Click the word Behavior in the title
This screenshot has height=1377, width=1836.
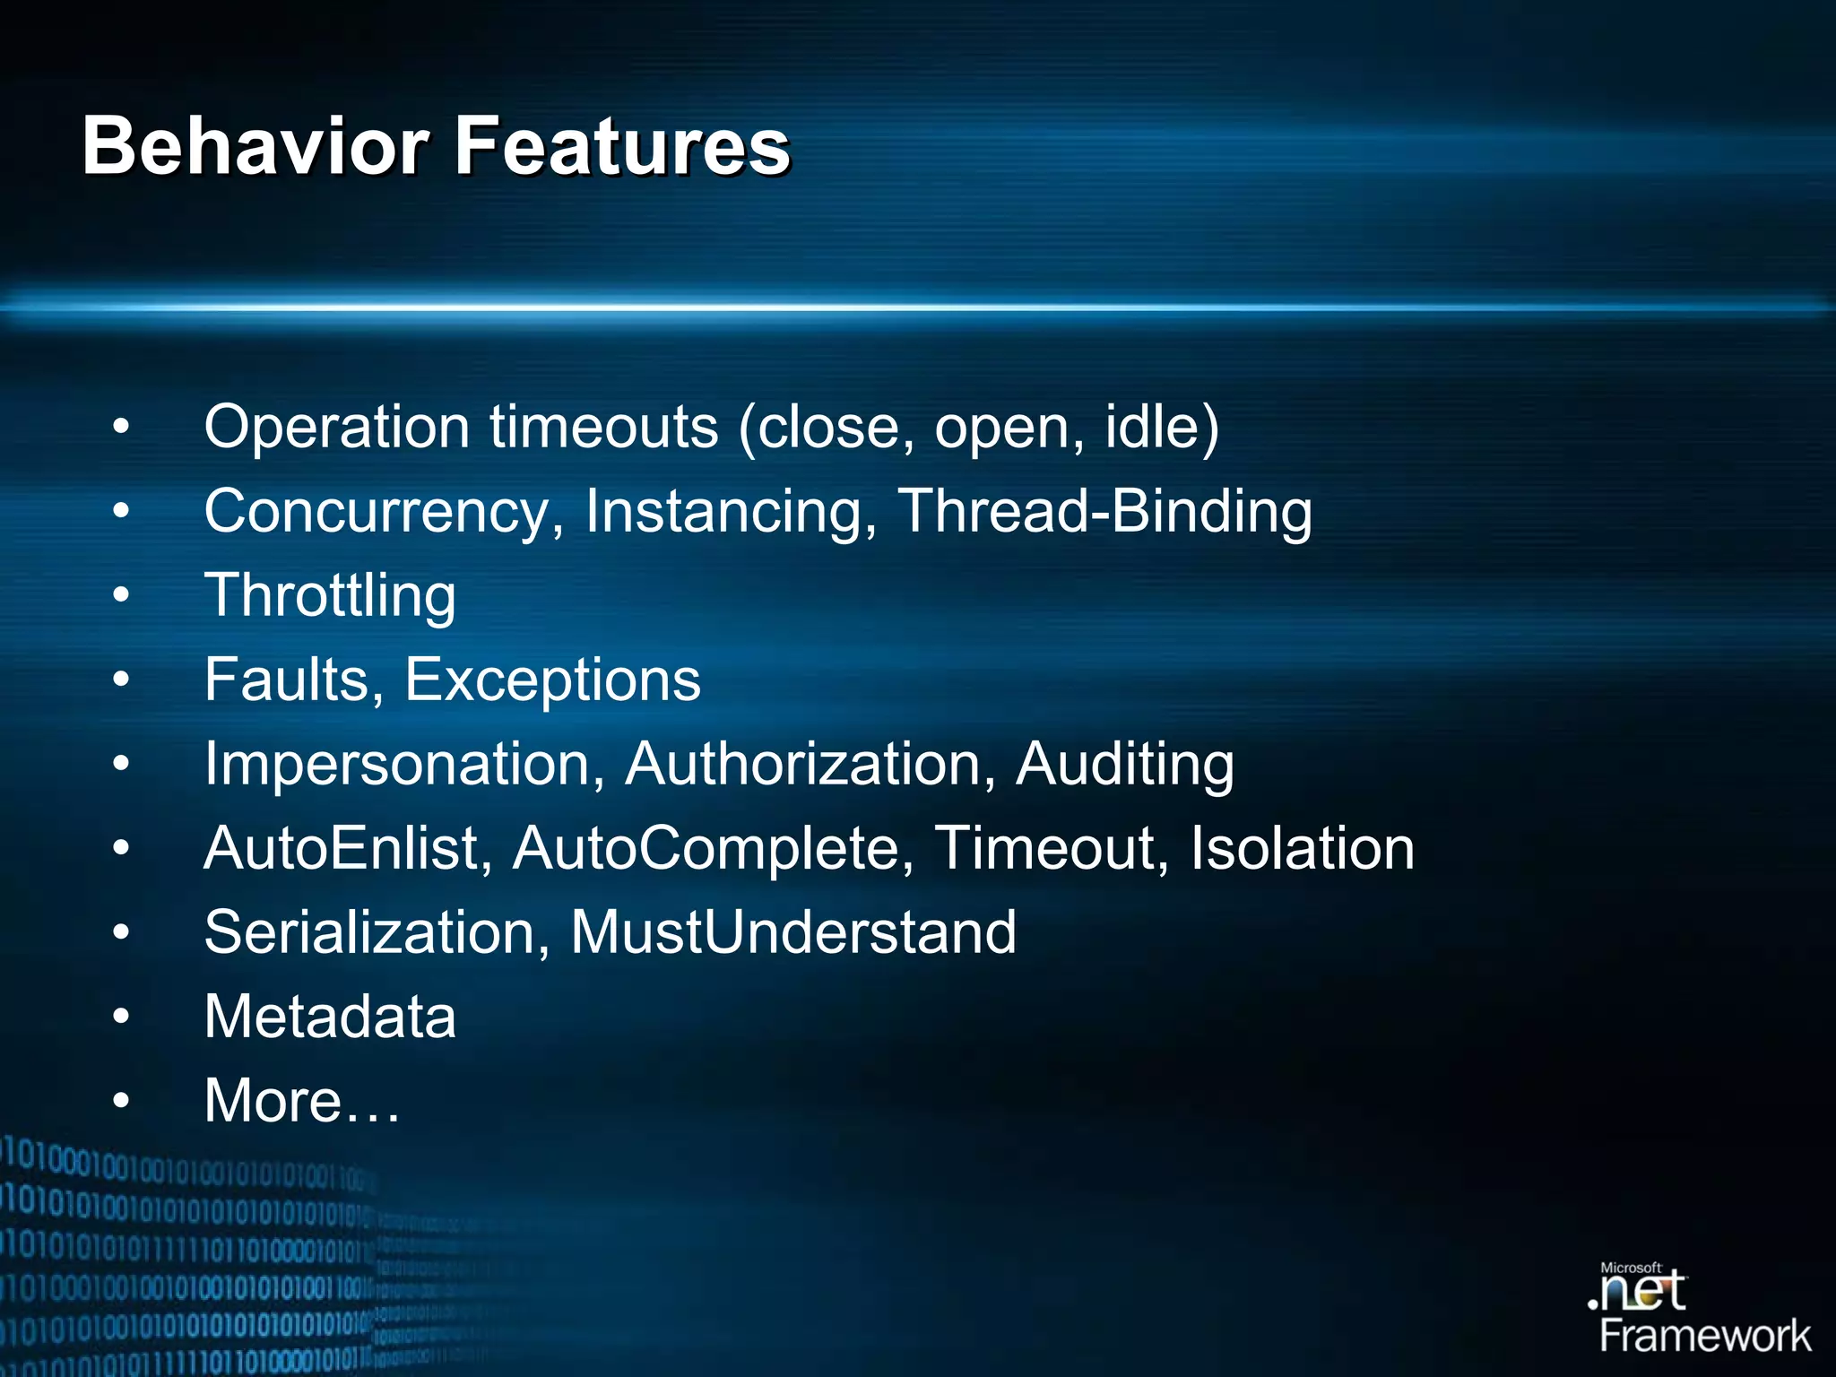(x=255, y=146)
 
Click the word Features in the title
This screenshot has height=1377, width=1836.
(x=622, y=146)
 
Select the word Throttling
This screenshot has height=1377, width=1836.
(x=330, y=596)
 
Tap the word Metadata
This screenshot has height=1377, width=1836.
(x=330, y=1017)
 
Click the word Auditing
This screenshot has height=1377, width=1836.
(x=1124, y=765)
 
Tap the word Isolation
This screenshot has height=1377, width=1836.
(x=1302, y=848)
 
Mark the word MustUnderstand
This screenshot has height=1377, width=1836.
(x=793, y=932)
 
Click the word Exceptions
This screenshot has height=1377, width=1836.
(x=552, y=680)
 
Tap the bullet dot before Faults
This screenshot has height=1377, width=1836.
(x=121, y=680)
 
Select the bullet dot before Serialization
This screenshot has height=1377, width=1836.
(x=121, y=932)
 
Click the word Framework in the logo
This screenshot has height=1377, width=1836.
(x=1705, y=1337)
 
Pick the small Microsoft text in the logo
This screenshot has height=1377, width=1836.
(x=1631, y=1268)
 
